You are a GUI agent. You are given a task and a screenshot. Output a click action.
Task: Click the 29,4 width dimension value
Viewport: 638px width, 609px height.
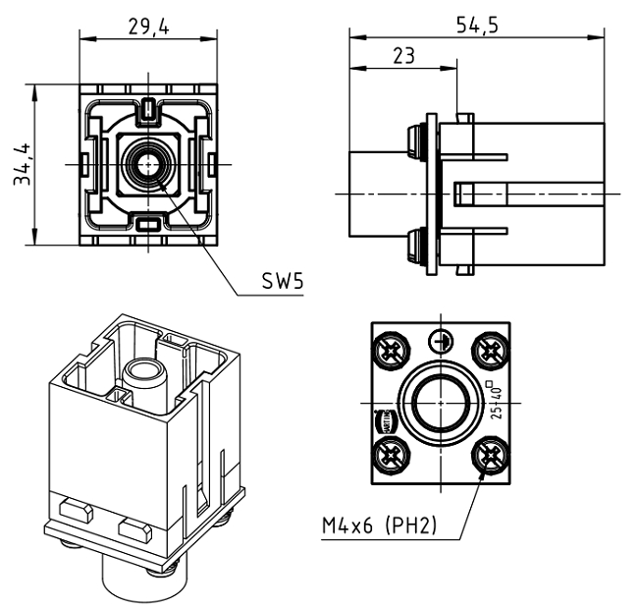pyautogui.click(x=147, y=27)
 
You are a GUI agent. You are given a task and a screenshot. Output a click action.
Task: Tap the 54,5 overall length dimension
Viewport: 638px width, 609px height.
pyautogui.click(x=475, y=27)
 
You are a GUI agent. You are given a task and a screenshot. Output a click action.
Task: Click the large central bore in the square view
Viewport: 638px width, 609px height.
pyautogui.click(x=441, y=403)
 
